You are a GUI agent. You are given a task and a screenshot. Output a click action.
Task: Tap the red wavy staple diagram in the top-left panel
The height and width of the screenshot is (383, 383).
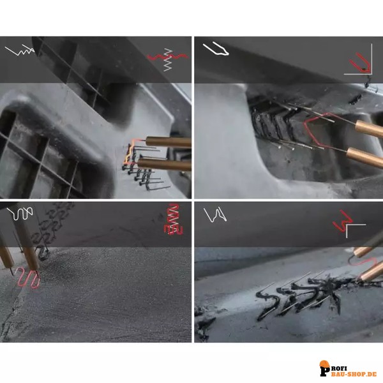(168, 57)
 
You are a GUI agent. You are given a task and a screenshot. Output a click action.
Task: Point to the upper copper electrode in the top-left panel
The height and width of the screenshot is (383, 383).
(169, 142)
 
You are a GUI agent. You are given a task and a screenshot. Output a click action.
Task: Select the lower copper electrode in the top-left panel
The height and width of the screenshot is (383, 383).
(165, 164)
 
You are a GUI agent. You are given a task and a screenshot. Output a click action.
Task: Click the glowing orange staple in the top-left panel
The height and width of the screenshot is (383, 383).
(131, 151)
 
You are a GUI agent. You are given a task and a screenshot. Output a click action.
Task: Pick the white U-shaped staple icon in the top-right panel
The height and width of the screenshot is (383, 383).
(216, 49)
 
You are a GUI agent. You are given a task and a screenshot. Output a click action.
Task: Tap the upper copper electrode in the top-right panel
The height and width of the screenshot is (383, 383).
(369, 130)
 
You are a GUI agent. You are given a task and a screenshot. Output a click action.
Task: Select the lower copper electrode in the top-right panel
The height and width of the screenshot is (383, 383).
(364, 157)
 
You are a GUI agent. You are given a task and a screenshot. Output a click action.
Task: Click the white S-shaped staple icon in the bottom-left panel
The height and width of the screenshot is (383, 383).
(20, 213)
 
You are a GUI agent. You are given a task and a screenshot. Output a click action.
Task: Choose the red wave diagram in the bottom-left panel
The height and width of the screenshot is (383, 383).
(174, 219)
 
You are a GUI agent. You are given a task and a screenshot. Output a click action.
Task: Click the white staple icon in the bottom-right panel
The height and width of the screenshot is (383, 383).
(215, 214)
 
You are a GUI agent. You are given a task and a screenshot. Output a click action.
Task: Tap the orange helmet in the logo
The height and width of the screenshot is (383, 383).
(324, 364)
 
